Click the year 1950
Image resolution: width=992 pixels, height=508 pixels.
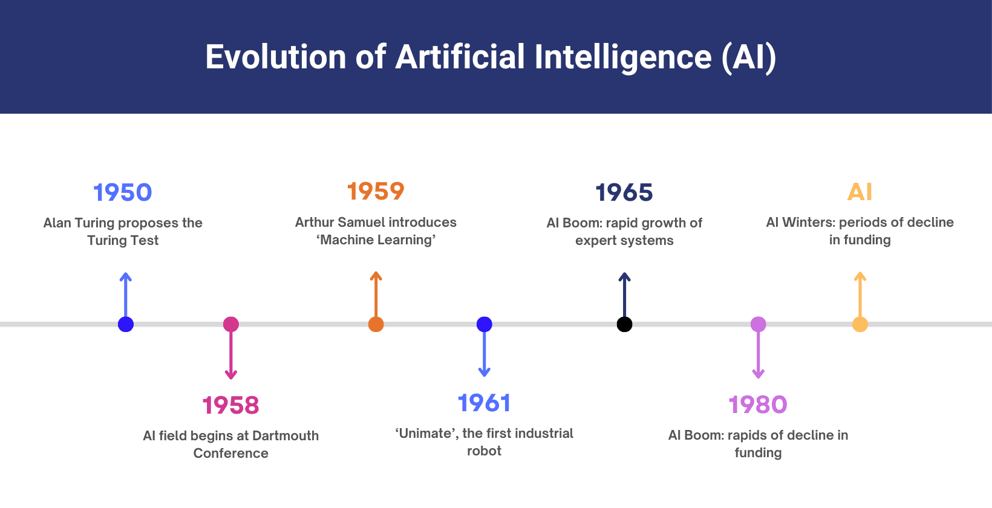[x=123, y=193]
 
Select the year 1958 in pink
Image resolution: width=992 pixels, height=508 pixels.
[x=230, y=406]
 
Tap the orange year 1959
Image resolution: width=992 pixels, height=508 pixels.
[x=376, y=192]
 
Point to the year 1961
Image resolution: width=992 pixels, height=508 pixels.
[x=484, y=403]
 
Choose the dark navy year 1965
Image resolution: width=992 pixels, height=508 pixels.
[x=624, y=193]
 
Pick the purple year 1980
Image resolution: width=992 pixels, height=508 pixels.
[x=758, y=405]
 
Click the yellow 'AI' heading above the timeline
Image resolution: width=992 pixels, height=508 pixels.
[x=860, y=192]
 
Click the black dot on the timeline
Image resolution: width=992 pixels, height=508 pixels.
[x=624, y=325]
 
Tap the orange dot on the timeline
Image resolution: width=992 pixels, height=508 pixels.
[x=376, y=325]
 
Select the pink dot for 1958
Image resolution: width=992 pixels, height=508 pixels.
[x=230, y=325]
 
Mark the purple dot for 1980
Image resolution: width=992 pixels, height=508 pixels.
[x=758, y=325]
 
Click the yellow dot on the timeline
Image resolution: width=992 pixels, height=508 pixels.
[x=860, y=325]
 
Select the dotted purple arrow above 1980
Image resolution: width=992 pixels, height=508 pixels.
[x=758, y=357]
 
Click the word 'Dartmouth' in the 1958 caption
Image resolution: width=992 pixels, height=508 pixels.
[x=285, y=436]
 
